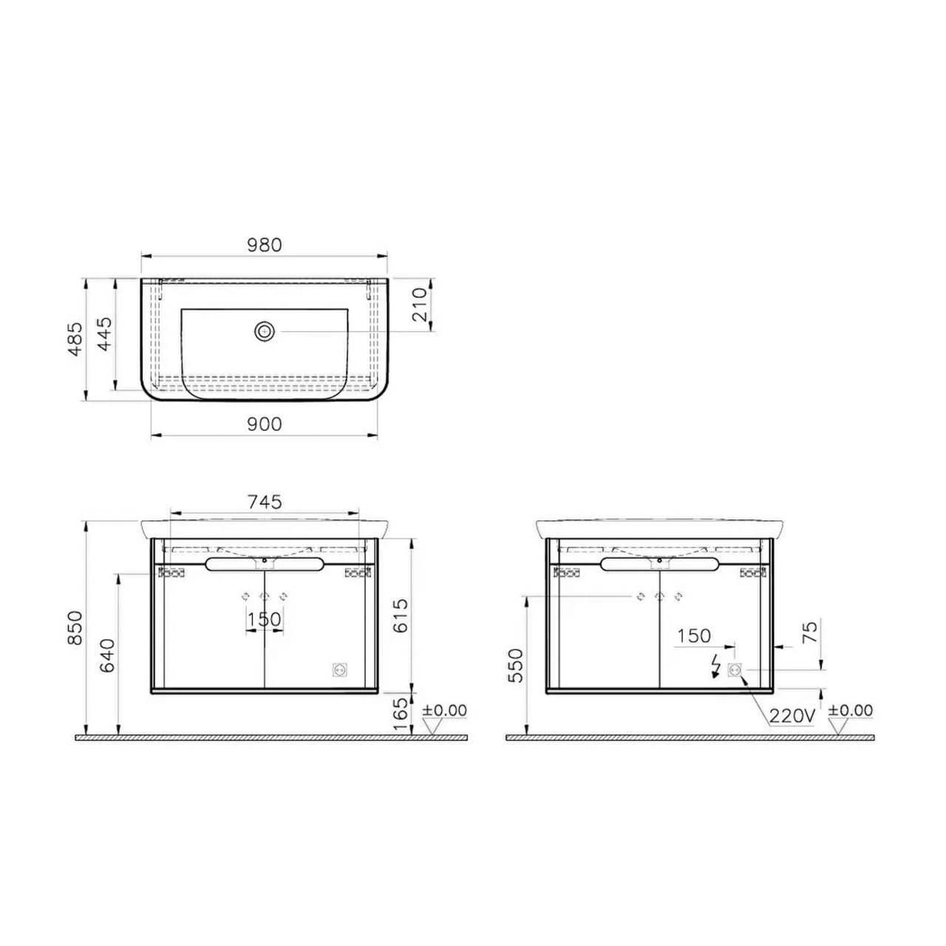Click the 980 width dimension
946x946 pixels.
click(265, 245)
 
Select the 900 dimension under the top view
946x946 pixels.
click(265, 424)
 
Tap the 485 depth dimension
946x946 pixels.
click(75, 338)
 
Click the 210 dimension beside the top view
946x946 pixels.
click(420, 304)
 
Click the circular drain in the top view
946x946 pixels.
click(264, 332)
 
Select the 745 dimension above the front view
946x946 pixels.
click(265, 502)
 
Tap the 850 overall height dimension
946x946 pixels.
click(75, 627)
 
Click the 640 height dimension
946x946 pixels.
click(107, 655)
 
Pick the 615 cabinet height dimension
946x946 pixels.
click(399, 616)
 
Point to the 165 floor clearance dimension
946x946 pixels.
click(399, 714)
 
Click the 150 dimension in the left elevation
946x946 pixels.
click(265, 619)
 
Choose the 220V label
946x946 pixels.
click(792, 715)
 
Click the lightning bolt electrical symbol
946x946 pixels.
click(714, 665)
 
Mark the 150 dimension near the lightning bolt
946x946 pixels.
click(694, 636)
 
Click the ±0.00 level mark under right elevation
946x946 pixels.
click(850, 711)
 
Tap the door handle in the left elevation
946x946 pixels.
click(265, 565)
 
